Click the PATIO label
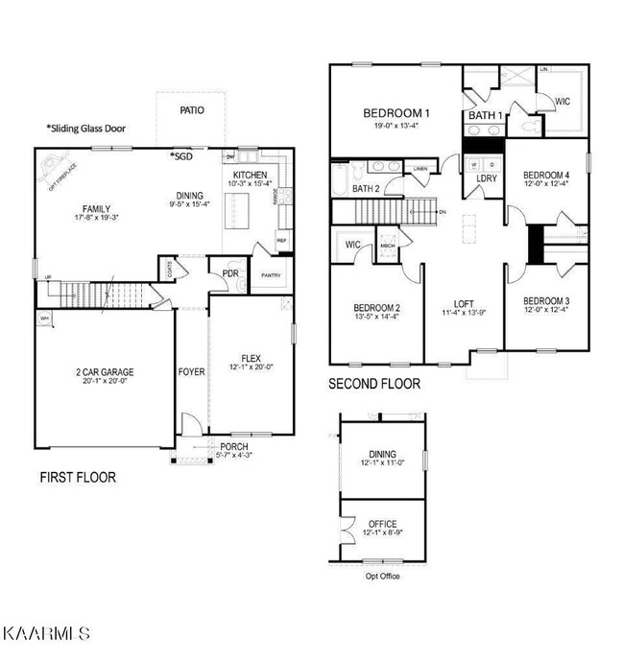pyautogui.click(x=192, y=110)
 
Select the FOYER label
pyautogui.click(x=191, y=371)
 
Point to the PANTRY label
pyautogui.click(x=270, y=275)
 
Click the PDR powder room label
pyautogui.click(x=230, y=272)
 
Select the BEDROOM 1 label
pyautogui.click(x=396, y=113)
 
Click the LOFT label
pyautogui.click(x=465, y=304)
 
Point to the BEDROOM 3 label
pyautogui.click(x=546, y=300)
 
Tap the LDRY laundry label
pyautogui.click(x=486, y=178)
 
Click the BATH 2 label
pyautogui.click(x=366, y=189)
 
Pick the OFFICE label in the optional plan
pyautogui.click(x=383, y=524)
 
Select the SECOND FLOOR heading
pyautogui.click(x=374, y=384)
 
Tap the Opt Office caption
pyautogui.click(x=381, y=577)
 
